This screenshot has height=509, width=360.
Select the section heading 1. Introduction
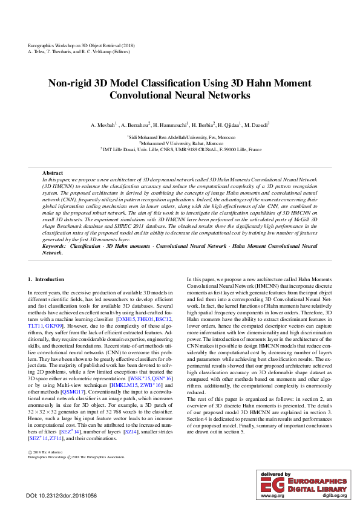click(47, 279)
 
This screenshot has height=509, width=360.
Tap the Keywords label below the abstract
click(55, 247)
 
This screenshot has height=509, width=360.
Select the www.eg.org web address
click(272, 496)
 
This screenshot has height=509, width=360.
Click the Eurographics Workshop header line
click(82, 46)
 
